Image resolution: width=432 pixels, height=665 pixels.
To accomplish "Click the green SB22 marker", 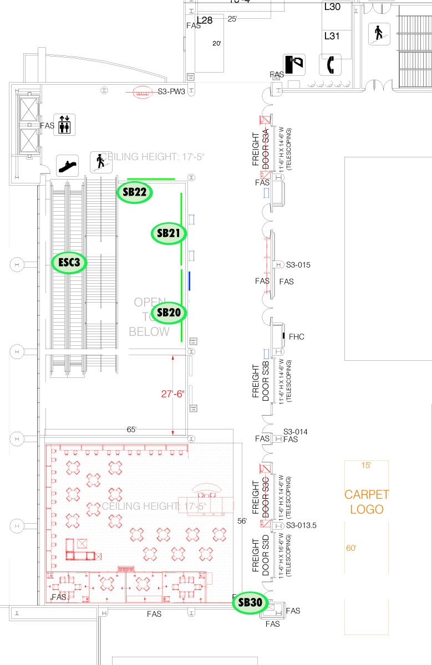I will coord(135,192).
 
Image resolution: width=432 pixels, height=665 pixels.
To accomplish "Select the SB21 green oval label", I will coord(168,233).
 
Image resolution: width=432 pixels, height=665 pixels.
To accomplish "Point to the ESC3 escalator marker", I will coord(69,263).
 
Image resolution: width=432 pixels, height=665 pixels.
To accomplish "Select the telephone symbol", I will coord(329,64).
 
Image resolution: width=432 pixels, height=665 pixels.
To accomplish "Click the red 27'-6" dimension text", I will coord(172,395).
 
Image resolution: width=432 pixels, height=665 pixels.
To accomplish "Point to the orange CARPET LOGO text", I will coord(367,502).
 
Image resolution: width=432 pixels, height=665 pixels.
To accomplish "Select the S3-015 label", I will coord(298,265).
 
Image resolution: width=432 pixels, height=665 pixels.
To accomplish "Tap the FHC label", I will coord(297,337).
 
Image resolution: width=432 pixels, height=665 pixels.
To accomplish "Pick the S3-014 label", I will coord(296,432).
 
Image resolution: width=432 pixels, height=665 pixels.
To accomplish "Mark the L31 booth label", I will coord(332,36).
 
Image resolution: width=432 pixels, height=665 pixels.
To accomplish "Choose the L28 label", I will coord(205,20).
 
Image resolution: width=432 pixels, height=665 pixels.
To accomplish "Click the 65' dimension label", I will coord(131,429).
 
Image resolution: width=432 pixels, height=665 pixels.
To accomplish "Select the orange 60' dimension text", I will coord(351,548).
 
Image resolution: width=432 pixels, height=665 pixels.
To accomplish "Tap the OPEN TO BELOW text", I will coord(149,317).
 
